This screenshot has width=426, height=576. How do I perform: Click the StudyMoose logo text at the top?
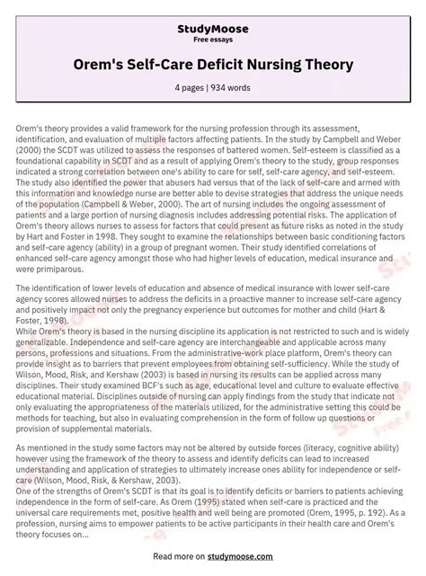(x=213, y=29)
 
